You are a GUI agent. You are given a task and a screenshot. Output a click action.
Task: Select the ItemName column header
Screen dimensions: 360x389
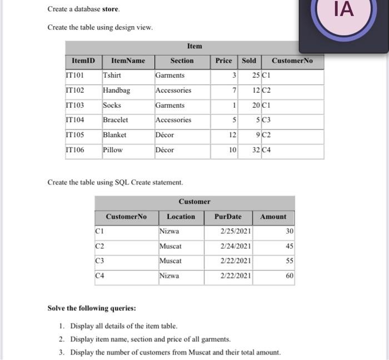[x=128, y=61]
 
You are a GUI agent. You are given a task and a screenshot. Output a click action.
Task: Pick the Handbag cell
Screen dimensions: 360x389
[x=116, y=90]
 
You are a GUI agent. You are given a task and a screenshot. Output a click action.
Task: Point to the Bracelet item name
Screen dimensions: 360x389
[x=116, y=120]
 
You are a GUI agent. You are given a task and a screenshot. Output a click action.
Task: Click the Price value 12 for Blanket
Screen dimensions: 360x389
[x=232, y=135]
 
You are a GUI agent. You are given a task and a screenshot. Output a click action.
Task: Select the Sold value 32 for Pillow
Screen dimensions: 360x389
[x=256, y=150]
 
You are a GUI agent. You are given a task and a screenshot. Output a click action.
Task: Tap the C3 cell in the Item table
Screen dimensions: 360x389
[x=267, y=120]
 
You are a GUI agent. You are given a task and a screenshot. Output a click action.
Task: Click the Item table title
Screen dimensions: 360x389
[x=194, y=46]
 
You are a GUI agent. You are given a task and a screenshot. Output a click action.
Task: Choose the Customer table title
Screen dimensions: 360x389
[x=194, y=202]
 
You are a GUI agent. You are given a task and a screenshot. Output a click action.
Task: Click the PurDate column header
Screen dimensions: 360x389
[x=228, y=217]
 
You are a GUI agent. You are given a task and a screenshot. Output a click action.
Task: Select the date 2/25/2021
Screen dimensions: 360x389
[x=236, y=231]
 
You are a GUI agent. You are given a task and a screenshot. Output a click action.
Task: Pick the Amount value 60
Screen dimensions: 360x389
[x=290, y=276]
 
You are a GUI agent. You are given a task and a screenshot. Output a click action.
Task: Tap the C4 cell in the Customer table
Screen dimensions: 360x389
[x=100, y=276]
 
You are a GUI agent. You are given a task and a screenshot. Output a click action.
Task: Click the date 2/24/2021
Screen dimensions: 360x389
[x=236, y=246]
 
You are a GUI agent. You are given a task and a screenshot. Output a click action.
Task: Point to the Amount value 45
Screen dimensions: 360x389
[x=290, y=246]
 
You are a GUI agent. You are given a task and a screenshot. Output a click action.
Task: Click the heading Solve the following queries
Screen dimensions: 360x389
[x=92, y=308]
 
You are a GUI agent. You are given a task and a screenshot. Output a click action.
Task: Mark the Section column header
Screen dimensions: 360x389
[x=182, y=61]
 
